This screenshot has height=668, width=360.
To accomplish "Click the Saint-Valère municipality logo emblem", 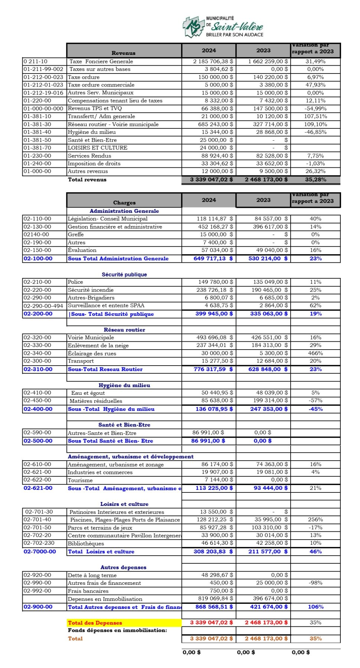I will [193, 27].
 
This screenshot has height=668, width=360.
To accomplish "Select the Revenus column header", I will [124, 53].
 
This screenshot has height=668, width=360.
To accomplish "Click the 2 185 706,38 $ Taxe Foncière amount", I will [213, 62].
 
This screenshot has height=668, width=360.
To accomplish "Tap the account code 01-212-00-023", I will [43, 77].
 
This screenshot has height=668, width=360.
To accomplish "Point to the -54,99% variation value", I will [315, 109].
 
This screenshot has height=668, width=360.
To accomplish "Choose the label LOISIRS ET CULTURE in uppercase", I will [98, 148].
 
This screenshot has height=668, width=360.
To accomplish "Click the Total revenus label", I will [87, 180].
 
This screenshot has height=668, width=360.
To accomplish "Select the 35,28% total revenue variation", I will [315, 180].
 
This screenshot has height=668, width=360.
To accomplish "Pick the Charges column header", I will [124, 203].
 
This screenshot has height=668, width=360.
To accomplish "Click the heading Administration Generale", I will [124, 211].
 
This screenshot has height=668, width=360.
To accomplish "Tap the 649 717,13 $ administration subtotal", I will [213, 259].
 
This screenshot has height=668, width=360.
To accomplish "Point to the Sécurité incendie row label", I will [91, 290].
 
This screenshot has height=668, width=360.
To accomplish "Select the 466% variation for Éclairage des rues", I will [315, 353].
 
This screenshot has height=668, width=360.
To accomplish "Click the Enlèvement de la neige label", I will [98, 346].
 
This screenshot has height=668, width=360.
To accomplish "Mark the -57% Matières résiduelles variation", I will [315, 400].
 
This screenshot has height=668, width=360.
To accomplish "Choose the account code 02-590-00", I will [37, 433].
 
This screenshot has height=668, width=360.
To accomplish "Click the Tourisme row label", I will [80, 480].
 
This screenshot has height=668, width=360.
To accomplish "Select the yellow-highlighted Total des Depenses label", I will [95, 623].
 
